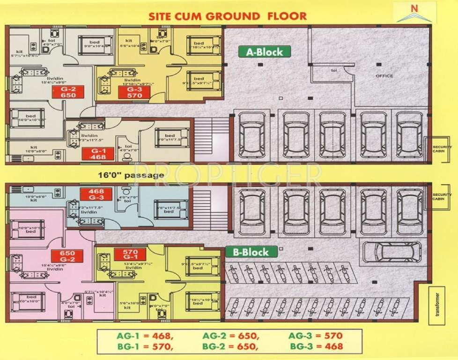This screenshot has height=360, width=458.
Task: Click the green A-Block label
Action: [264, 52]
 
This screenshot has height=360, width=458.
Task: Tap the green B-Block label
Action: [251, 252]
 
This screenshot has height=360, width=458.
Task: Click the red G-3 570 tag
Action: [135, 92]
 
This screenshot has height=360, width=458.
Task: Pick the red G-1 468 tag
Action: [97, 154]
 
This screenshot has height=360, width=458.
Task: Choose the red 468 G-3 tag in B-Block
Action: [96, 194]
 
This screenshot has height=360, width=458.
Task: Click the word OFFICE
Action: [384, 76]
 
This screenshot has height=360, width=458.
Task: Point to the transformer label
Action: [437, 305]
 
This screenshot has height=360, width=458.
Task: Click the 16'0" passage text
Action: [131, 175]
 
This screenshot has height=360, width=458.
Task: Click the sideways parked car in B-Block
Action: [392, 252]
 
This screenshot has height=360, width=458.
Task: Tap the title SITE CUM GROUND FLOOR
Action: [228, 16]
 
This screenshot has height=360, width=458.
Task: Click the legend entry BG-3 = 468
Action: [316, 347]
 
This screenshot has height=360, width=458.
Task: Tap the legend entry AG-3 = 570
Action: [316, 336]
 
